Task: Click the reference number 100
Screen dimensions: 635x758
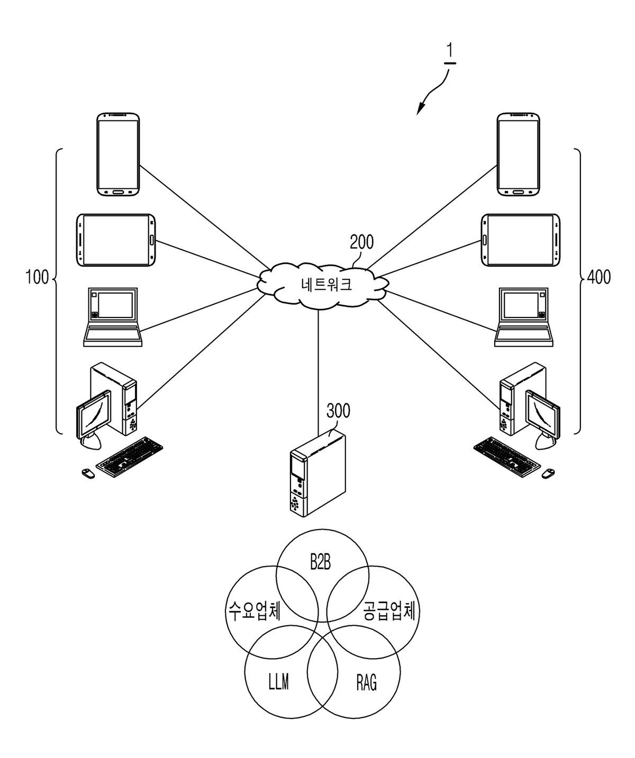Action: (x=37, y=277)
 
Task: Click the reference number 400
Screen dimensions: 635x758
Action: (x=598, y=277)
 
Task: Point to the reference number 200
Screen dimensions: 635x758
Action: (x=361, y=242)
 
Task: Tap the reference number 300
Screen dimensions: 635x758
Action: (x=338, y=410)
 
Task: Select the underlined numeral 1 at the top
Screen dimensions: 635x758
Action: (x=450, y=51)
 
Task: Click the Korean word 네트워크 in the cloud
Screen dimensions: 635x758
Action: (x=326, y=284)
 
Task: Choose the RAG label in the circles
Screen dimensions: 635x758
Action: (x=366, y=682)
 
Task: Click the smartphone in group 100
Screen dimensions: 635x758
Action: (x=118, y=154)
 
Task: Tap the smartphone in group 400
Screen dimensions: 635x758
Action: (x=518, y=154)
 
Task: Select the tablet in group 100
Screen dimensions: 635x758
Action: (x=116, y=240)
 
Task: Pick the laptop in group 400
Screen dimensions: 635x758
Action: (x=523, y=317)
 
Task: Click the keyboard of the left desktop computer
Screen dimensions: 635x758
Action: (x=129, y=456)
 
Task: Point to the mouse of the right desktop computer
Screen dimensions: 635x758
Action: (x=548, y=473)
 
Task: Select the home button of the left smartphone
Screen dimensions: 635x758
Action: (x=118, y=191)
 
